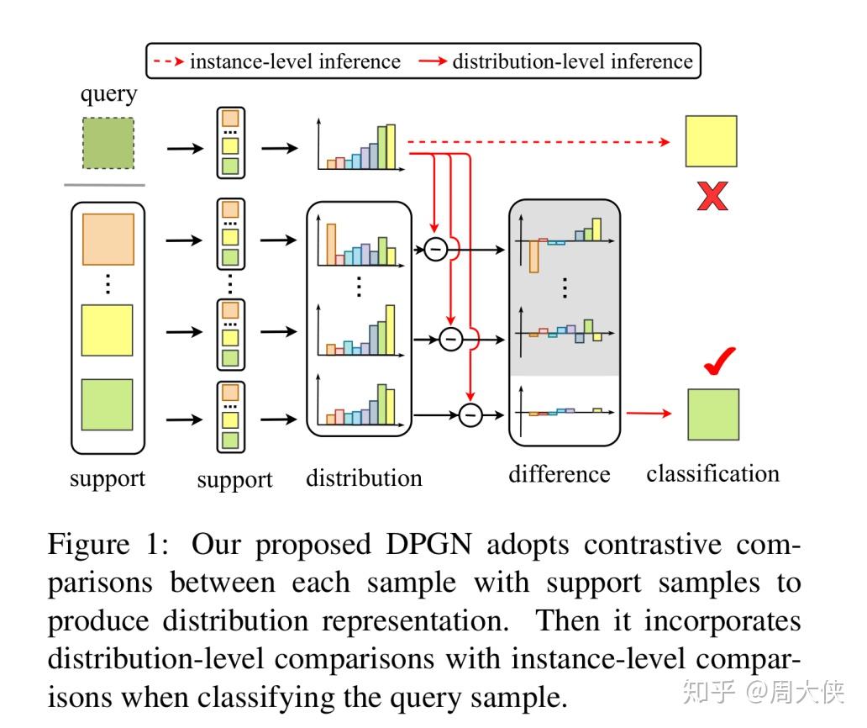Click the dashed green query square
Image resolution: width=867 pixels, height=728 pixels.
point(108,144)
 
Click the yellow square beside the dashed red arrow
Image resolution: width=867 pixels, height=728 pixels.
point(711,141)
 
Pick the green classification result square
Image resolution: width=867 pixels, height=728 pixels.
point(713,414)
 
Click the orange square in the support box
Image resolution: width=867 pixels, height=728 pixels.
point(108,240)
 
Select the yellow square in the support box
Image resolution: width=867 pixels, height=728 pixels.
point(107,330)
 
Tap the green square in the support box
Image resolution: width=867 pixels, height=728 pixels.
point(107,405)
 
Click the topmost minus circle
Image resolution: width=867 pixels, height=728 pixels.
point(434,250)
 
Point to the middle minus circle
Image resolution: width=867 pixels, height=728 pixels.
point(451,339)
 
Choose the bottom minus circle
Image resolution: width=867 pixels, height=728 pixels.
point(470,414)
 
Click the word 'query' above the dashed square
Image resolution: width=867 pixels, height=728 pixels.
point(108,93)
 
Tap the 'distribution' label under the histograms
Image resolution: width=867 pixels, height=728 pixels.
point(364,478)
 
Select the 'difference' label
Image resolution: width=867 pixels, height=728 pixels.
point(559,474)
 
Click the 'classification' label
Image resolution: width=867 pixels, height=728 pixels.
point(712,473)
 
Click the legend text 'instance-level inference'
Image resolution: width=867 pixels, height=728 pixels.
point(295,61)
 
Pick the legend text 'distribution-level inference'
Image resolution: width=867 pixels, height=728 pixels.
point(572,61)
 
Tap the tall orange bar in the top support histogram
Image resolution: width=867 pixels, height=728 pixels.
point(331,244)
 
